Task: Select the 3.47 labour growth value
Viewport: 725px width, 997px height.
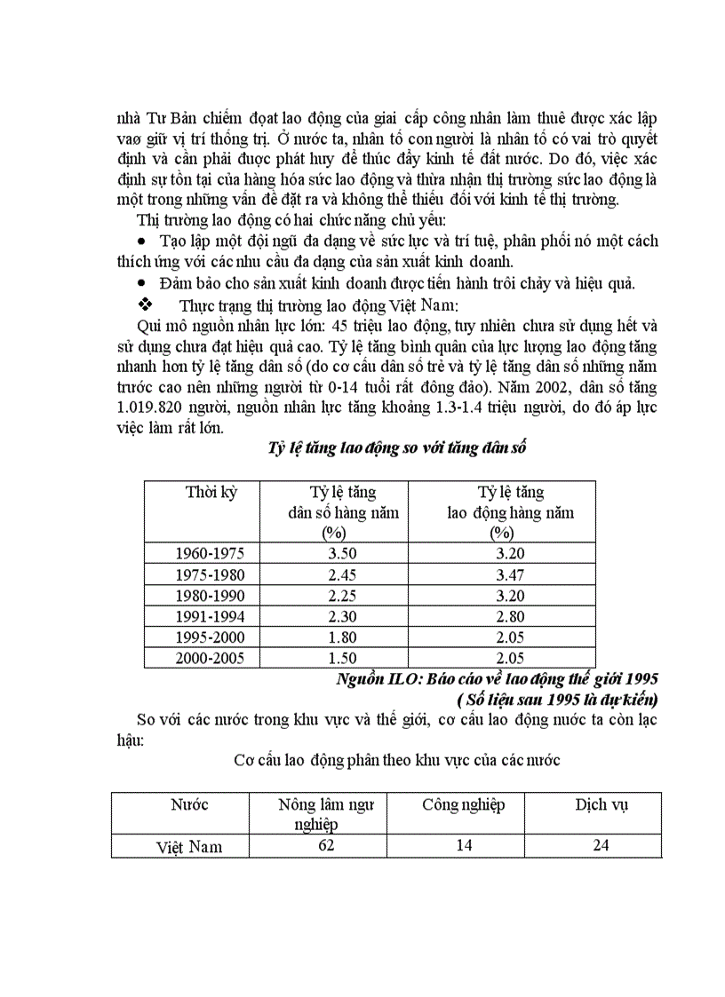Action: [x=510, y=574]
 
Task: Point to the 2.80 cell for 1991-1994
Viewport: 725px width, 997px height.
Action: [x=510, y=616]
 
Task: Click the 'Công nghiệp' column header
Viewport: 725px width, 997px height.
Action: [x=463, y=805]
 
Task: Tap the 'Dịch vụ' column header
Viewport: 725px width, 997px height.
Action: [x=602, y=805]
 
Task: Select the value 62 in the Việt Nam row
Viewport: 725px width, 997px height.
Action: [x=325, y=845]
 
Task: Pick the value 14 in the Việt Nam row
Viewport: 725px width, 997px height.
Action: [x=463, y=845]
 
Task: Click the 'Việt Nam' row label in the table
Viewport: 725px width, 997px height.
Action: [x=189, y=847]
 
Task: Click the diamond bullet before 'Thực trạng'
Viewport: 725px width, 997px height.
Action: [x=145, y=305]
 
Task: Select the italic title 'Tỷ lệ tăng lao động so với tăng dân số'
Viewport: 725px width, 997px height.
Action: [x=397, y=448]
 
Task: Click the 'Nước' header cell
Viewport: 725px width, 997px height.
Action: [x=189, y=805]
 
